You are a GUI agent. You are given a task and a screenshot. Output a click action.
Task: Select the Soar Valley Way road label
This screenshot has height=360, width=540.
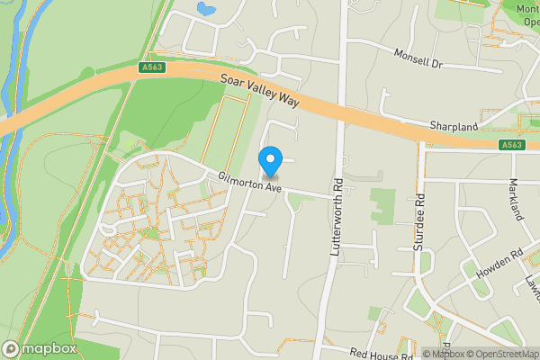coord(260,91)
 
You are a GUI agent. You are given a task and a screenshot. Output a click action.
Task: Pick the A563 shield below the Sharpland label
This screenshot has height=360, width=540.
coord(511,145)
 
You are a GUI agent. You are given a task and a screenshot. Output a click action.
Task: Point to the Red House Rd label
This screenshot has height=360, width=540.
coord(382,354)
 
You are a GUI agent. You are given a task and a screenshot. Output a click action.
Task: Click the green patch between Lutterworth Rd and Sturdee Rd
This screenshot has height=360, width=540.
coord(382,205)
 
